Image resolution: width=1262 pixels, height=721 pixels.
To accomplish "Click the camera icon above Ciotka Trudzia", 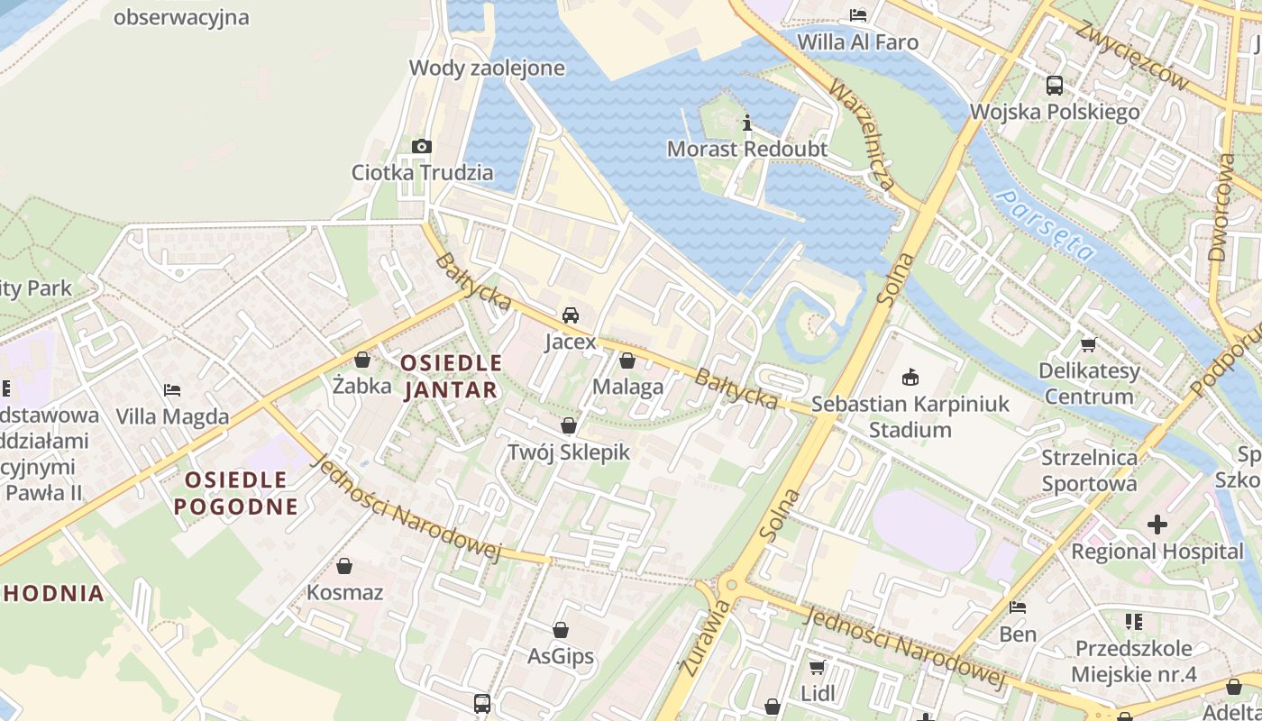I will (421, 146).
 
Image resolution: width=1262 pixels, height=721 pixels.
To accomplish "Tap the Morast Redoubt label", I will (746, 149).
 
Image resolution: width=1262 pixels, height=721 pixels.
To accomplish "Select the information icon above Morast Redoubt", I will (746, 123).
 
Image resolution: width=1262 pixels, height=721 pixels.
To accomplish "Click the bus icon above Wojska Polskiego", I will (1054, 86).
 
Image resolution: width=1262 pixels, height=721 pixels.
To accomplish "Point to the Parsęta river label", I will (1046, 225).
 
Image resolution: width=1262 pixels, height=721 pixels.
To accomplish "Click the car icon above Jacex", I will (570, 315).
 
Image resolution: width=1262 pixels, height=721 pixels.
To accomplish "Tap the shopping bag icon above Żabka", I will (362, 360).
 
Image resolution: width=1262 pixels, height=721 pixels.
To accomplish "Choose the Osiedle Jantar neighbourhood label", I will (451, 376).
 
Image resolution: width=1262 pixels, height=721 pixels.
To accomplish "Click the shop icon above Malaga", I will (627, 361).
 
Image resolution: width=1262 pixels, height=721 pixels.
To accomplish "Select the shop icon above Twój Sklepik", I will (568, 425).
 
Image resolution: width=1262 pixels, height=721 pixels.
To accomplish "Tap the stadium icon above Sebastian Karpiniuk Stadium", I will (910, 377).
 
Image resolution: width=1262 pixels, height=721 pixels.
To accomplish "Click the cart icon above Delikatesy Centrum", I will (1088, 344).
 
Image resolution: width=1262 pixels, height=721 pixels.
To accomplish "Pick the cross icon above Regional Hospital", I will (1157, 525).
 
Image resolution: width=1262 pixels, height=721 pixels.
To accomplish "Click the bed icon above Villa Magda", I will (172, 390).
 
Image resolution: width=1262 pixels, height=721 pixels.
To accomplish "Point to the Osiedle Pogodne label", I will (235, 492).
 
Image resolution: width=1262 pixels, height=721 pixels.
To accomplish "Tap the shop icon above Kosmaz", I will (343, 567).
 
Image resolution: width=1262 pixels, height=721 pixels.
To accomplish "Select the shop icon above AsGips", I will (561, 630).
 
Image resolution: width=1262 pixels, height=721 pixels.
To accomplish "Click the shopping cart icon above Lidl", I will (818, 668).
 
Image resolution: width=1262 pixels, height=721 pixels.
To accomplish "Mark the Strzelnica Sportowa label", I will (1089, 470).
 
